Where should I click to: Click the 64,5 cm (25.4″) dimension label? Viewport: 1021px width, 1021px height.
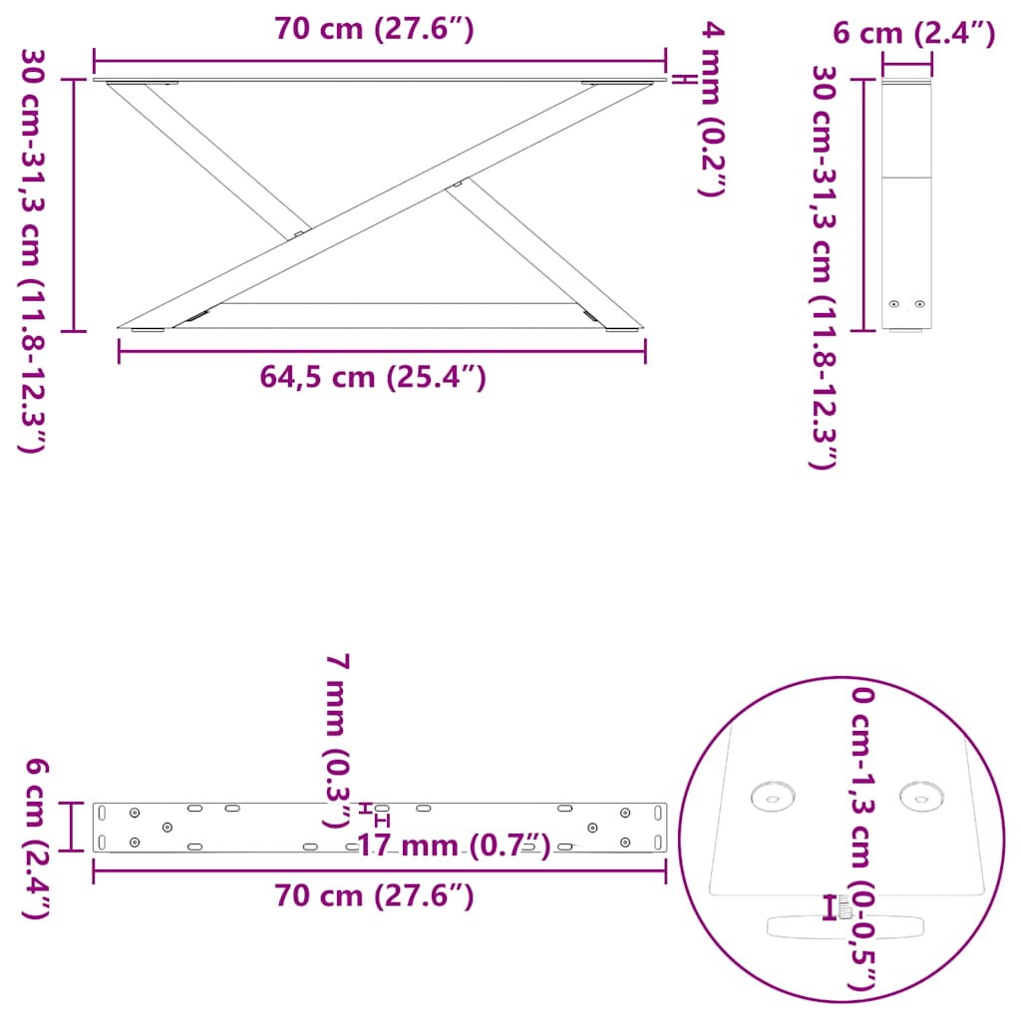click(373, 377)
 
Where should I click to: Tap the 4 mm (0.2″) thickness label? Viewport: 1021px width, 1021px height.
click(710, 110)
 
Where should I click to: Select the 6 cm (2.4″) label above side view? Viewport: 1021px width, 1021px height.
click(913, 35)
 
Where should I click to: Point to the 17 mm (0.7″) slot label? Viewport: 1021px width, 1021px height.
click(453, 847)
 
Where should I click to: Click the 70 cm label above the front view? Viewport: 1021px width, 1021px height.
click(374, 30)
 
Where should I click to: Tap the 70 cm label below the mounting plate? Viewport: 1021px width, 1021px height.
click(374, 896)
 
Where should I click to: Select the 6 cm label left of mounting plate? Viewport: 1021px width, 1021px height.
click(36, 838)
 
